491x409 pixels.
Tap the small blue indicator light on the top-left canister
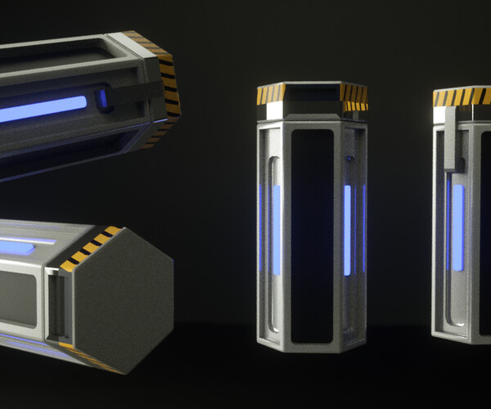pos(103,99)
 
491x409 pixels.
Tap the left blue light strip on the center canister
pos(276,229)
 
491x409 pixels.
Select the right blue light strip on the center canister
pos(348,229)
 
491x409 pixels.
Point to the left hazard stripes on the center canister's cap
pos(270,94)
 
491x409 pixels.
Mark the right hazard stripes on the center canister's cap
pos(354,97)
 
